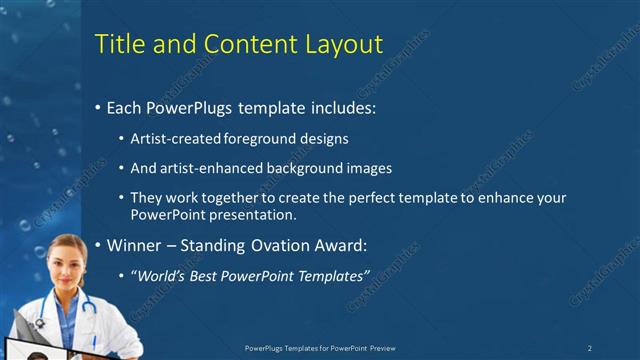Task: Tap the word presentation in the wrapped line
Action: [254, 215]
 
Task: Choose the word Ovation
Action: [277, 245]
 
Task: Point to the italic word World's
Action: [160, 275]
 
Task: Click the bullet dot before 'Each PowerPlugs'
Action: [97, 107]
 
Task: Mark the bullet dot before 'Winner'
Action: [97, 246]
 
